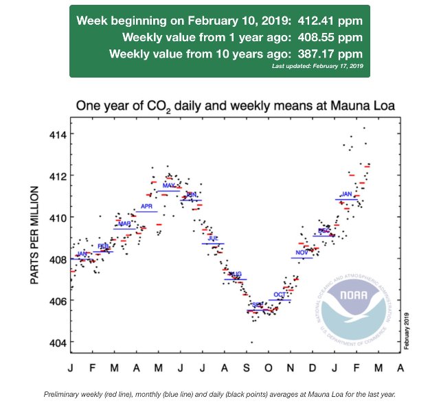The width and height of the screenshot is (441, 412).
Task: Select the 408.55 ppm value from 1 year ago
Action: pos(332,37)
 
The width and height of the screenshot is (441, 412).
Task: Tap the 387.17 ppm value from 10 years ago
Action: pos(332,53)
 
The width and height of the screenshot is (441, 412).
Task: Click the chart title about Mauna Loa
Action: pos(239,106)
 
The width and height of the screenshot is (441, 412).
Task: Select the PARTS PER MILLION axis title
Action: pos(35,233)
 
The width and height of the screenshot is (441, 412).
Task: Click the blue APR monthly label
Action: pos(146,207)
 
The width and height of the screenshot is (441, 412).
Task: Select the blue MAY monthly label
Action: pos(168,186)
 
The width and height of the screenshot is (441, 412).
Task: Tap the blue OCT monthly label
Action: pos(280,295)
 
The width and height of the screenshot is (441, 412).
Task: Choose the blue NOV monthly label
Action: pos(301,253)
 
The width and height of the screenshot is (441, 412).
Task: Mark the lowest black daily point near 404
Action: pos(251,342)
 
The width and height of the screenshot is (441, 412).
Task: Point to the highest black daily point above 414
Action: pos(364,128)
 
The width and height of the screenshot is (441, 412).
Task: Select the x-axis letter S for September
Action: pos(247,368)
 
